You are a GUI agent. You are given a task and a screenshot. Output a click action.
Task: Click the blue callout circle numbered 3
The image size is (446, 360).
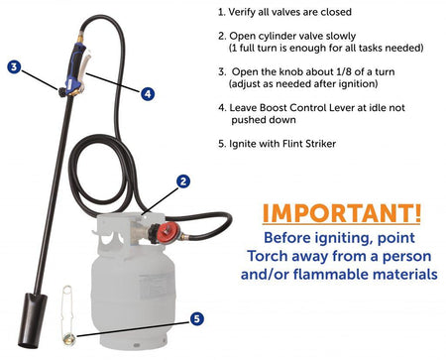[14, 67]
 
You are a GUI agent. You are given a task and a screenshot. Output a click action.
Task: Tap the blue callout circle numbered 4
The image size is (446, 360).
[148, 94]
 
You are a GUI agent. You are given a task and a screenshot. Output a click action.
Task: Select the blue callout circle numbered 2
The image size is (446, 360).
[183, 181]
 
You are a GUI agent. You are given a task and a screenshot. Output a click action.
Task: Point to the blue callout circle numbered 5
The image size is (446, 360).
[197, 319]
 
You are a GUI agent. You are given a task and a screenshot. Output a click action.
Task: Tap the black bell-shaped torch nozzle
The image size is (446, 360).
[32, 320]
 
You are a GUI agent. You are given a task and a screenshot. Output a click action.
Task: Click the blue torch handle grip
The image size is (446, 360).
[74, 67]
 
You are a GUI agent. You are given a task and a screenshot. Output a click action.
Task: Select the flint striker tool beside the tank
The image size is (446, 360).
[68, 315]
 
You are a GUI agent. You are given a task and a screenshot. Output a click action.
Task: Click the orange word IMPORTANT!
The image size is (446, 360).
[342, 213]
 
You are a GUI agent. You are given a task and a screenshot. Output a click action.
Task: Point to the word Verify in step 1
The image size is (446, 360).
[241, 12]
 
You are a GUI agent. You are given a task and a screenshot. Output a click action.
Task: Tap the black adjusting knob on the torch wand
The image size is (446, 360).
[61, 92]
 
